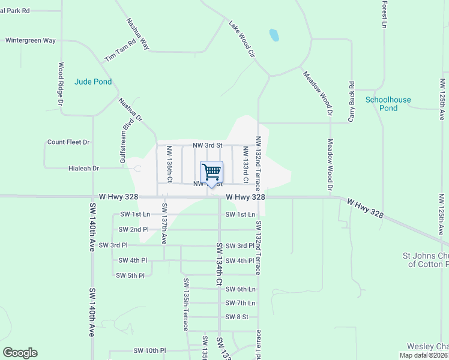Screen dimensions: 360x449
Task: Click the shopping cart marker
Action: click(x=211, y=173)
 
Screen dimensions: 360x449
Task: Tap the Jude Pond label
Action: click(x=93, y=82)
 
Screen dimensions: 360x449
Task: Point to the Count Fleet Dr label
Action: click(x=68, y=142)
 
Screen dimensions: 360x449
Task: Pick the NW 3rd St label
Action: click(x=207, y=145)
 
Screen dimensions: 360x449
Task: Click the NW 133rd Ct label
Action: click(x=246, y=164)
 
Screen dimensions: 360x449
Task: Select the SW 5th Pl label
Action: click(x=130, y=275)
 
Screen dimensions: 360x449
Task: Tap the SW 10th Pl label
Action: click(x=149, y=350)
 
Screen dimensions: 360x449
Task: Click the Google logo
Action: click(x=20, y=353)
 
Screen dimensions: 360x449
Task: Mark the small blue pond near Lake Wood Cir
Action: click(x=274, y=35)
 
